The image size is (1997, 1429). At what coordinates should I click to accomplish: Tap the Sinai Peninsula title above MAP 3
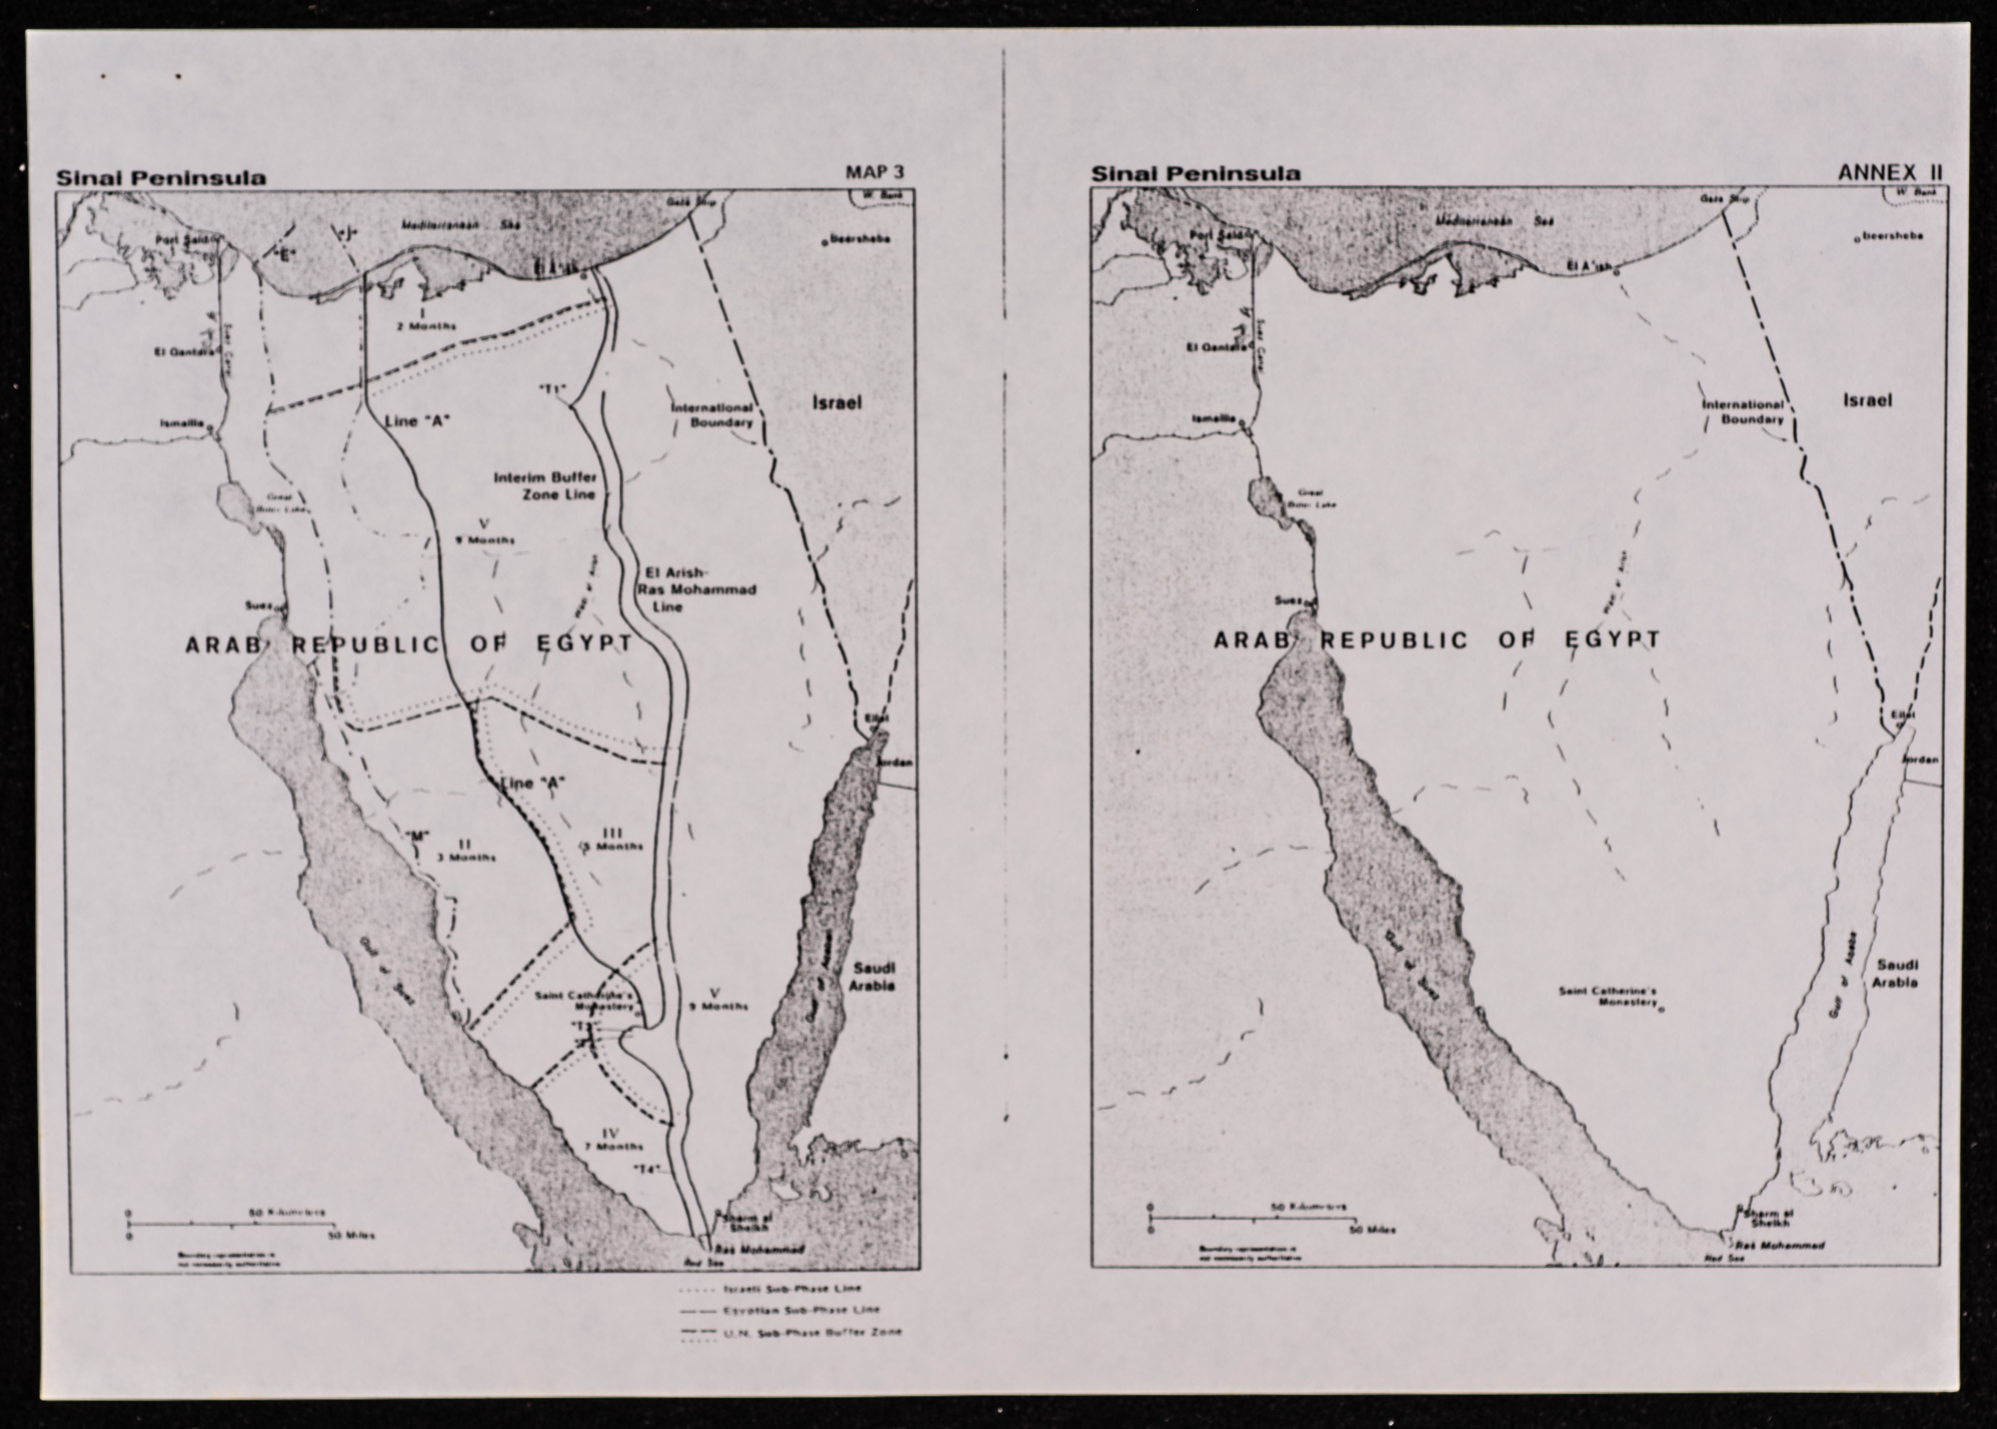click(x=161, y=177)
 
